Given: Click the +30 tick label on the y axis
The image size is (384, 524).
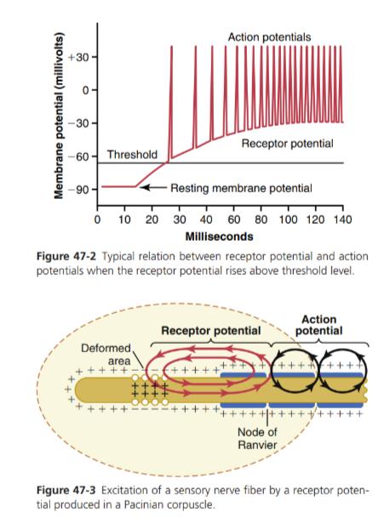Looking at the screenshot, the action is pyautogui.click(x=78, y=58).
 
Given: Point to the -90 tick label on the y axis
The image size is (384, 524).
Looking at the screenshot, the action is pyautogui.click(x=78, y=190).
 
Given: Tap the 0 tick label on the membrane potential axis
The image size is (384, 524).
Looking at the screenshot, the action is pyautogui.click(x=86, y=90).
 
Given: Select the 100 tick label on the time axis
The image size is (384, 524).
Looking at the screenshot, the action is pyautogui.click(x=289, y=219).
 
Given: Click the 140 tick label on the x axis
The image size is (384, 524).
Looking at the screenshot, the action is pyautogui.click(x=342, y=219).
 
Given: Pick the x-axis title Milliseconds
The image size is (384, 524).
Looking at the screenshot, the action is pyautogui.click(x=219, y=236).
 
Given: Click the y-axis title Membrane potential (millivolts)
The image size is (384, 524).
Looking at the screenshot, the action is pyautogui.click(x=59, y=116).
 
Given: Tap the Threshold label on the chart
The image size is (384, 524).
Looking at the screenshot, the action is pyautogui.click(x=132, y=155).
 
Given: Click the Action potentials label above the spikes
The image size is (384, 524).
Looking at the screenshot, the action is pyautogui.click(x=269, y=37).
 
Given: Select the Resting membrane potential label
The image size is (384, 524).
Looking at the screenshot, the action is pyautogui.click(x=241, y=188).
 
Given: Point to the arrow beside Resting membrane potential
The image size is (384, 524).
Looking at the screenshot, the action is pyautogui.click(x=153, y=187).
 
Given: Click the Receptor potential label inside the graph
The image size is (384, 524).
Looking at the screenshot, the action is pyautogui.click(x=287, y=144).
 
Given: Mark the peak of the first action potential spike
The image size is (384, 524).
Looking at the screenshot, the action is pyautogui.click(x=172, y=46).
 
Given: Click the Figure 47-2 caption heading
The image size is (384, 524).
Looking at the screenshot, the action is pyautogui.click(x=66, y=257).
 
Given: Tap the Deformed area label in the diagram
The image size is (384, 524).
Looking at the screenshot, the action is pyautogui.click(x=106, y=355).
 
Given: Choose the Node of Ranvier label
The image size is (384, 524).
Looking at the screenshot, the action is pyautogui.click(x=257, y=438).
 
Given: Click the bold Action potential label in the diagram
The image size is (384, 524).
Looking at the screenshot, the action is pyautogui.click(x=318, y=325).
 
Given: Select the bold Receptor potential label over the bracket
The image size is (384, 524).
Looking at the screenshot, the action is pyautogui.click(x=211, y=331).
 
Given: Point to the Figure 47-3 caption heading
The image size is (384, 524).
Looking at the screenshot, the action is pyautogui.click(x=66, y=491).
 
